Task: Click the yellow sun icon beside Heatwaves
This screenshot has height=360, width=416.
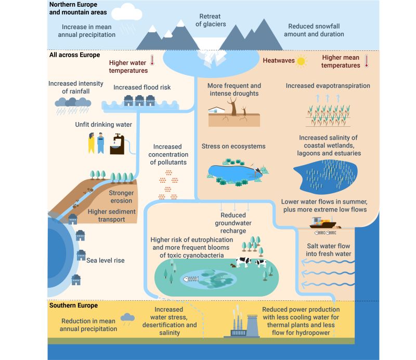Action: coord(301,61)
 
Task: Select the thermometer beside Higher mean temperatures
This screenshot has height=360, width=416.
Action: coord(367,60)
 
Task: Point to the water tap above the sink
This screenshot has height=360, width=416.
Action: coord(118,138)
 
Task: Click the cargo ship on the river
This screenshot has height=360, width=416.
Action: coord(323,223)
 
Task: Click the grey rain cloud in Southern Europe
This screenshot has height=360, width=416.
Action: coord(127,317)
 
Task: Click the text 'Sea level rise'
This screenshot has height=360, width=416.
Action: coord(106,260)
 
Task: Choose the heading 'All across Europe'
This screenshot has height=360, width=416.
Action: coord(74,55)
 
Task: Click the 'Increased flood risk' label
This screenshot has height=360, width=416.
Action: coord(142,87)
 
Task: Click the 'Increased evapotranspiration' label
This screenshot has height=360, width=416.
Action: coord(328,85)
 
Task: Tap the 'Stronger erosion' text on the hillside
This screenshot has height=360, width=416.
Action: coord(121,197)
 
